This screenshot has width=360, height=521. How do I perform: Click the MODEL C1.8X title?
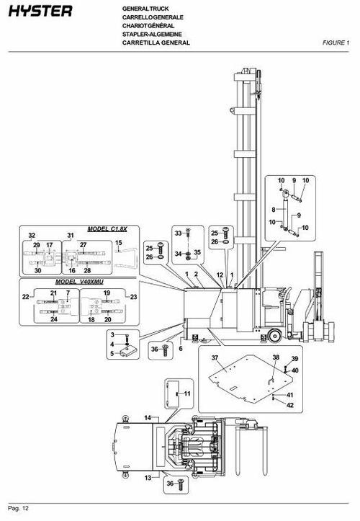106,228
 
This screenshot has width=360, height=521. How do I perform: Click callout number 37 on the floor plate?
214,358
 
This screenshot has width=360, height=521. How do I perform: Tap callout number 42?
290,405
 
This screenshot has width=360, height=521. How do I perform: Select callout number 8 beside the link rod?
274,209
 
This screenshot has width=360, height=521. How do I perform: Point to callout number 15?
120,244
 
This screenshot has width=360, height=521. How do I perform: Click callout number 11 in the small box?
187,393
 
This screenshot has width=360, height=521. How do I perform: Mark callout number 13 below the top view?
148,478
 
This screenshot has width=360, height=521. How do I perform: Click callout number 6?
181,348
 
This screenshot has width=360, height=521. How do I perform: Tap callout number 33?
178,233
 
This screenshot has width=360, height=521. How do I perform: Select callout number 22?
25,296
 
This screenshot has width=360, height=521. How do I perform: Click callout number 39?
294,359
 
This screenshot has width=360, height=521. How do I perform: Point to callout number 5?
112,353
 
